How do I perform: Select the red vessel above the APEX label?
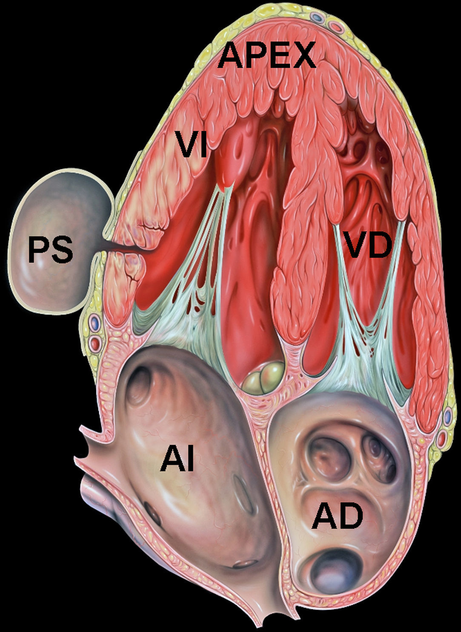tap(336, 27)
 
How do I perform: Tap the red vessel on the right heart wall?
tap(443, 438)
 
